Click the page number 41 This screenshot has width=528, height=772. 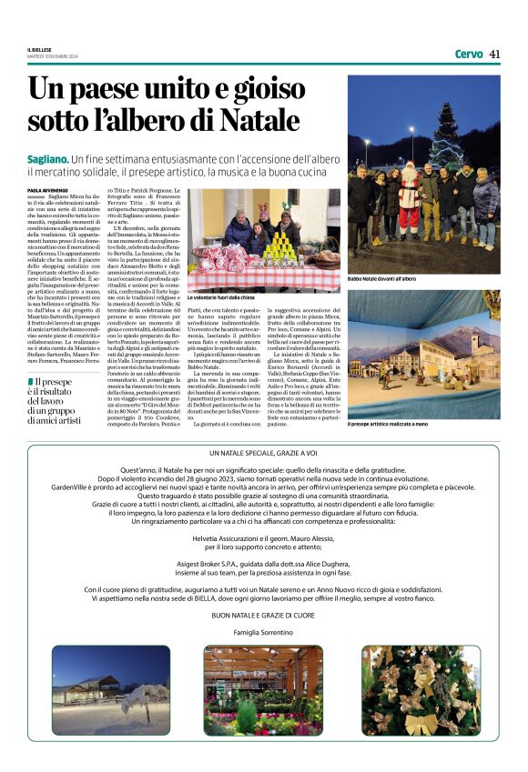coord(494,54)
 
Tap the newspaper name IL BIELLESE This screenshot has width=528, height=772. coord(38,51)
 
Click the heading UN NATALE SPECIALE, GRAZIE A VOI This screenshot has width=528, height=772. coord(264,453)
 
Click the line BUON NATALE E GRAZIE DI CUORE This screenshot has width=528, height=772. coord(264,616)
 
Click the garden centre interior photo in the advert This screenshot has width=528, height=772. coord(263,691)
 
